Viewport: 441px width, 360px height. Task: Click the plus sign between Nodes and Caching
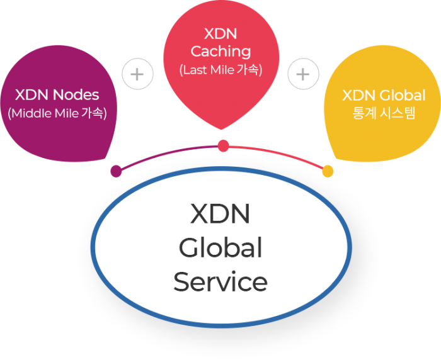[137, 74]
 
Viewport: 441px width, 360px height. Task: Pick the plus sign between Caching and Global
[303, 74]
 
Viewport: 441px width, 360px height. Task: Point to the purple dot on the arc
[116, 171]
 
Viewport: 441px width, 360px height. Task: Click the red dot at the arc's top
[223, 146]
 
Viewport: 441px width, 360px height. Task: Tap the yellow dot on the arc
[328, 171]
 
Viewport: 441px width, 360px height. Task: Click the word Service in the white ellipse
[220, 281]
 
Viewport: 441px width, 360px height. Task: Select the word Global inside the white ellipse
[220, 248]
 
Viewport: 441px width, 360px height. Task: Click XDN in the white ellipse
[220, 215]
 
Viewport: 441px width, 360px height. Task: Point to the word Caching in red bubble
[220, 51]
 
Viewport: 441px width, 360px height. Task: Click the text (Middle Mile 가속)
[57, 114]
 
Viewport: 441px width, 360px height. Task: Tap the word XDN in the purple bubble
[32, 95]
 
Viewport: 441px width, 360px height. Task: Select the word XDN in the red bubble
[220, 33]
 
